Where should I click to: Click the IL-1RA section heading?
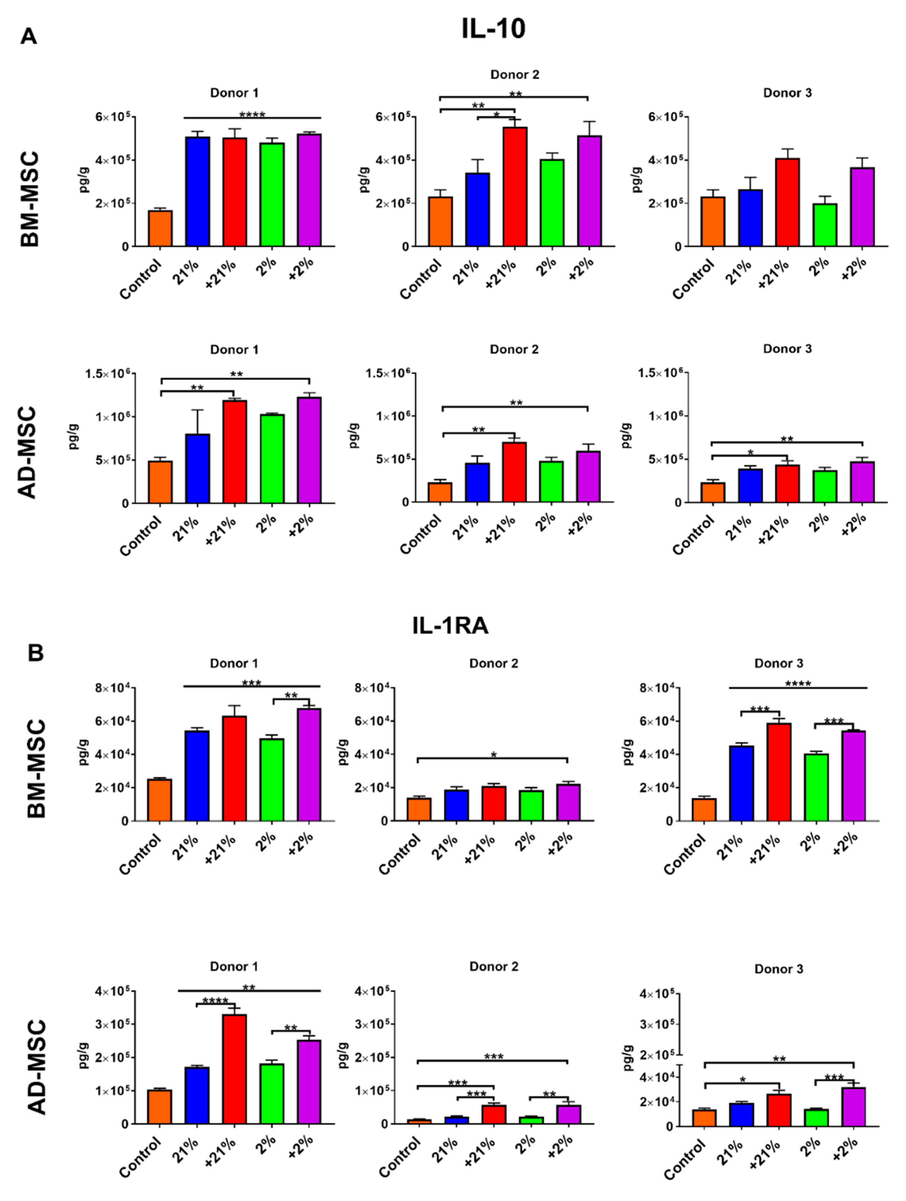(x=450, y=626)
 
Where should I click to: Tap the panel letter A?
(x=29, y=37)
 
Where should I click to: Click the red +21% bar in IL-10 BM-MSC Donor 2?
(x=514, y=187)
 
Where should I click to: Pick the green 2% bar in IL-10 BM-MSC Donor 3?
(x=824, y=225)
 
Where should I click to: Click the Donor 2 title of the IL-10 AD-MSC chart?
(x=514, y=349)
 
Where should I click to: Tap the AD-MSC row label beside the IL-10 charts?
(x=27, y=452)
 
